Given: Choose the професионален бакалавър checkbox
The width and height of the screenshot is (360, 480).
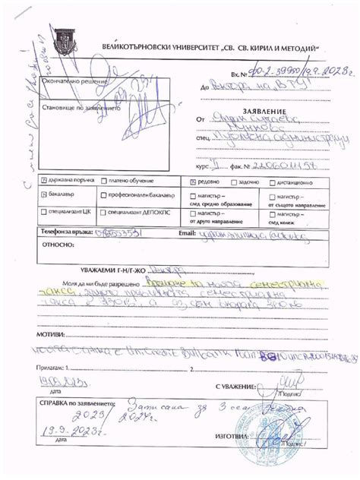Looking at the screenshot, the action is click(x=102, y=195).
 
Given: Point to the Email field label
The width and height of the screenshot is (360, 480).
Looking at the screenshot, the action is click(x=187, y=232).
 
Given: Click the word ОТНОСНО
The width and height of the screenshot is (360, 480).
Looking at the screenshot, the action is click(x=56, y=245).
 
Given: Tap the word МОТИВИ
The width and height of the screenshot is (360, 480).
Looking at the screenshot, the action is click(x=50, y=333).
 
